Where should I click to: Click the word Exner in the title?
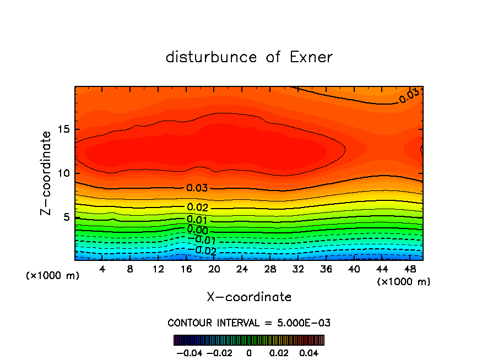(x=311, y=57)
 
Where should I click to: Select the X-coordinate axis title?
(x=249, y=297)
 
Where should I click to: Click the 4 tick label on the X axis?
(x=102, y=269)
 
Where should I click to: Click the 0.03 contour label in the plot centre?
(x=197, y=188)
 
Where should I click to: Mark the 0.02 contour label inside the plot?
(x=197, y=208)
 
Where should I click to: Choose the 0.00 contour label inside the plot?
(x=197, y=230)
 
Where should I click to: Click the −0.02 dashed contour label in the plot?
(x=204, y=250)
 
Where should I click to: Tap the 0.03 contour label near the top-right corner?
(x=409, y=96)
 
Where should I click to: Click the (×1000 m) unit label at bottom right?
(x=403, y=281)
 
